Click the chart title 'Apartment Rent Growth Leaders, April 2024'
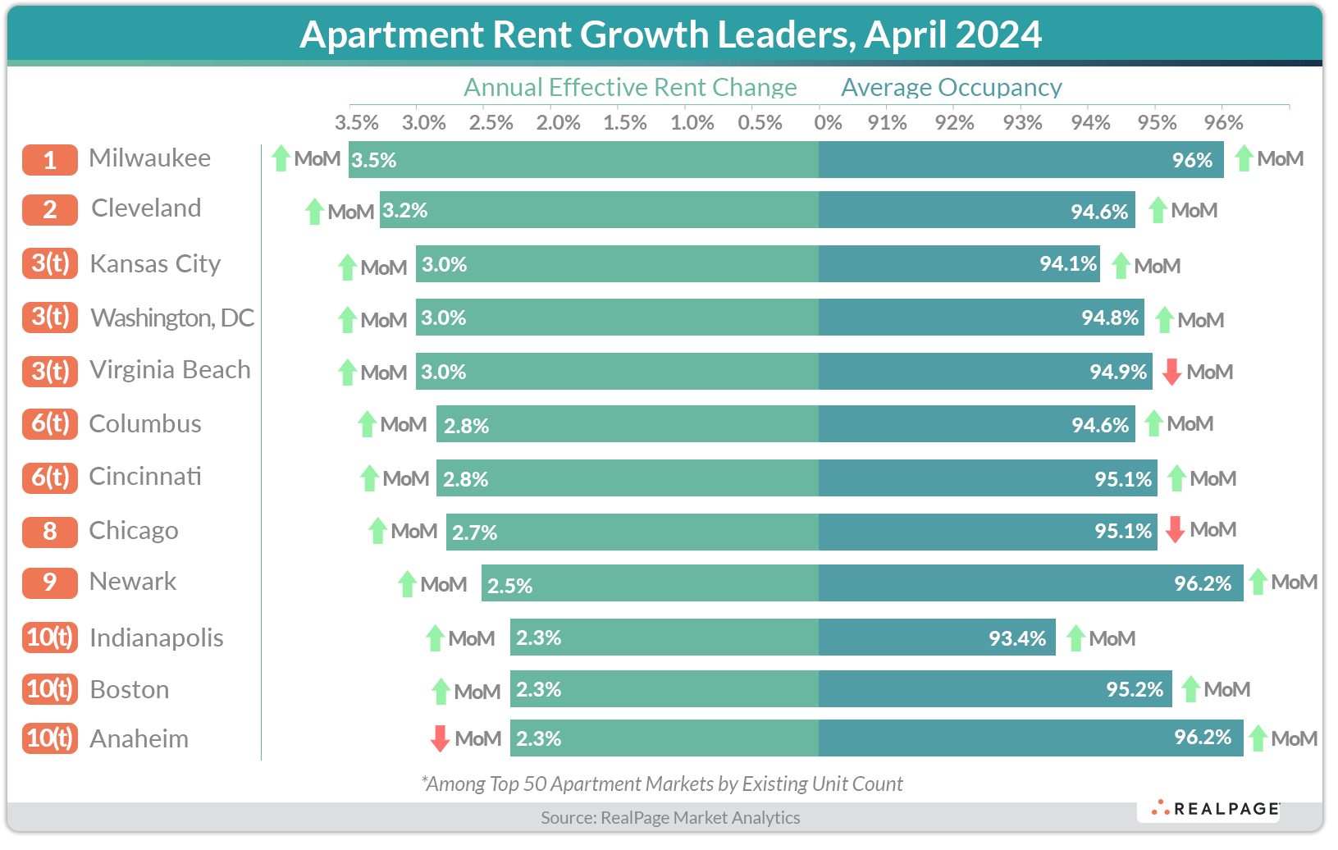[x=670, y=34]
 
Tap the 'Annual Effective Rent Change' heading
[x=630, y=87]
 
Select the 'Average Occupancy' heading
[x=951, y=87]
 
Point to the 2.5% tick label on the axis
[x=491, y=123]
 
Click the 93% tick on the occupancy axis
[x=1022, y=123]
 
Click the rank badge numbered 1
[x=50, y=159]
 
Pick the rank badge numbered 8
[x=50, y=532]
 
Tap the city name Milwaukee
[x=149, y=158]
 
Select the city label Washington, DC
[x=172, y=318]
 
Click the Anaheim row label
[x=139, y=738]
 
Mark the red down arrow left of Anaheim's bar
[x=440, y=738]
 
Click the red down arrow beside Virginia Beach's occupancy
[x=1171, y=372]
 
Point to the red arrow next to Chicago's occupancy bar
[x=1175, y=530]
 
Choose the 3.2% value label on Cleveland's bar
[x=405, y=211]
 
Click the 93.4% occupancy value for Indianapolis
[x=1017, y=638]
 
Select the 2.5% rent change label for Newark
[x=509, y=586]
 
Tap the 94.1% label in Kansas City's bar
[x=1068, y=263]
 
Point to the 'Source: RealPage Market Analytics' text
[x=670, y=817]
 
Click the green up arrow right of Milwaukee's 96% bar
[x=1244, y=158]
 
